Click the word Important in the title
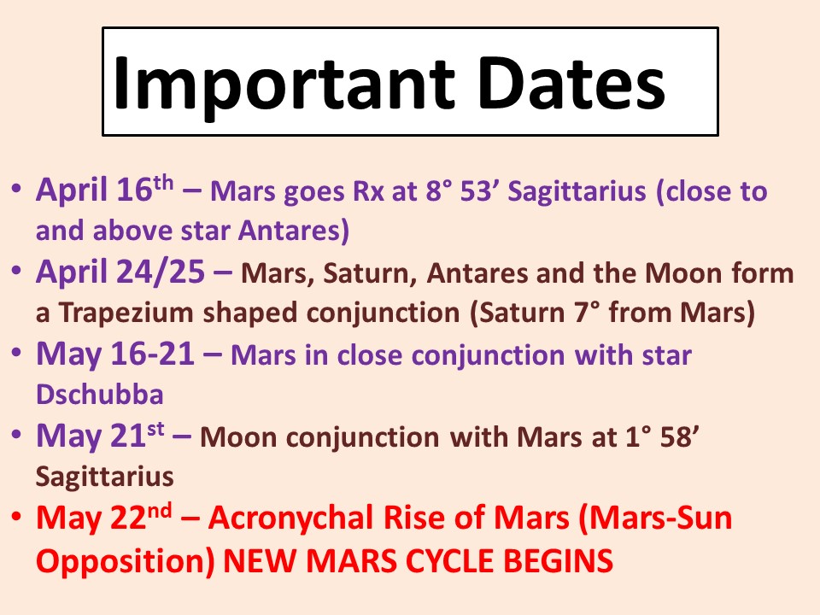(284, 84)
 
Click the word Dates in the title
(571, 83)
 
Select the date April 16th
(104, 189)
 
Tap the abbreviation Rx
(369, 191)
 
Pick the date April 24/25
(120, 272)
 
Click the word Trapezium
(126, 313)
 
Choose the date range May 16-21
(115, 354)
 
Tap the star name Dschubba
(99, 395)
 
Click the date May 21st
(100, 435)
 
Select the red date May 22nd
(103, 518)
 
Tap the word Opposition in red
(126, 560)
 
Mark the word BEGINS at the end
(558, 560)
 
